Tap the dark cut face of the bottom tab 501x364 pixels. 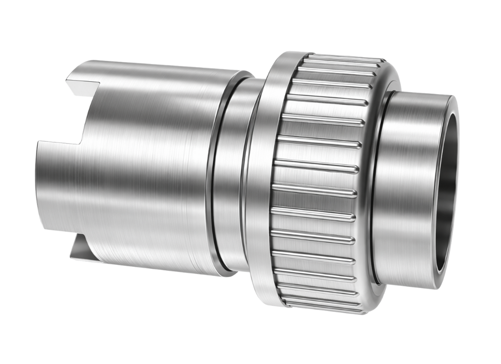pos(79,250)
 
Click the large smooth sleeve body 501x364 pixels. pos(146,166)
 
